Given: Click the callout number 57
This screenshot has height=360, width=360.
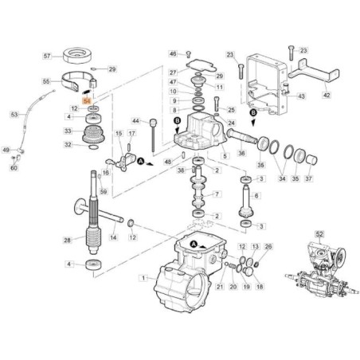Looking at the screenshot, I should click(47, 57).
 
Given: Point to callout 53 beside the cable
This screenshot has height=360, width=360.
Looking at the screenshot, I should click(14, 115).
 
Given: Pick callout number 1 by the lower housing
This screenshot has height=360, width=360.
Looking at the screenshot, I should click(143, 278).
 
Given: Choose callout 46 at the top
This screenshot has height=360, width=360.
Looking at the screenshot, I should click(172, 53).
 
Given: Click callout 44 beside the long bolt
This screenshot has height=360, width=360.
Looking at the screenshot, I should click(135, 122).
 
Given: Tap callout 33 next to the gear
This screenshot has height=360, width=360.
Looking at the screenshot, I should click(68, 131).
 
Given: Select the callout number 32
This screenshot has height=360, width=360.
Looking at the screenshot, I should click(68, 144).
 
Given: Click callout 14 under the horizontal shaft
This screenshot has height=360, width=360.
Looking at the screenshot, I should click(113, 237).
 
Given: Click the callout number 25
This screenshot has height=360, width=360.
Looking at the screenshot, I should click(231, 111).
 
